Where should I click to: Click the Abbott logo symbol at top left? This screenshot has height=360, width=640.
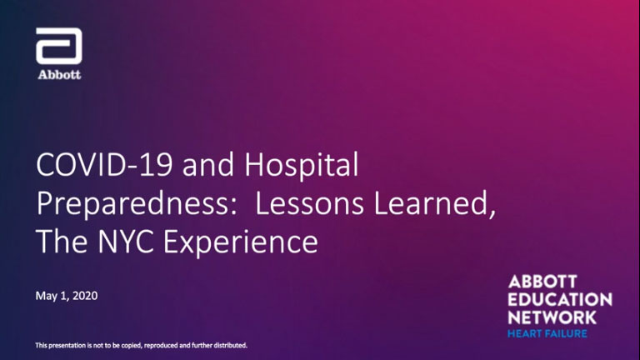59,46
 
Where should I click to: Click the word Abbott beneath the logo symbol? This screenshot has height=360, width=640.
60,75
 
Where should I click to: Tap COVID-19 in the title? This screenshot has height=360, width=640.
104,164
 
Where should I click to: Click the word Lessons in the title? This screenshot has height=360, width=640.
309,203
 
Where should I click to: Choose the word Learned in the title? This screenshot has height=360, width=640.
435,203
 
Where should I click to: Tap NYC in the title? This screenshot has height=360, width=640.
126,241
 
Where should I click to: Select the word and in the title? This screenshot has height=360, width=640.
208,164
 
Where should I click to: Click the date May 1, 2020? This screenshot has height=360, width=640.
67,296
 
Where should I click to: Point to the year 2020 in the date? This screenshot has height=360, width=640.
85,296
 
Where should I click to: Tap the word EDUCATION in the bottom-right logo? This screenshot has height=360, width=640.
560,299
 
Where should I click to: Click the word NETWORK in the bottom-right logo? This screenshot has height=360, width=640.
552,317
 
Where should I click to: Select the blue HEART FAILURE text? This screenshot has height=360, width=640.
547,333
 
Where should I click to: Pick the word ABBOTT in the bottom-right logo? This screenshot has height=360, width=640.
542,281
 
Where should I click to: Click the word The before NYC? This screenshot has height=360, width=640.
62,241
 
